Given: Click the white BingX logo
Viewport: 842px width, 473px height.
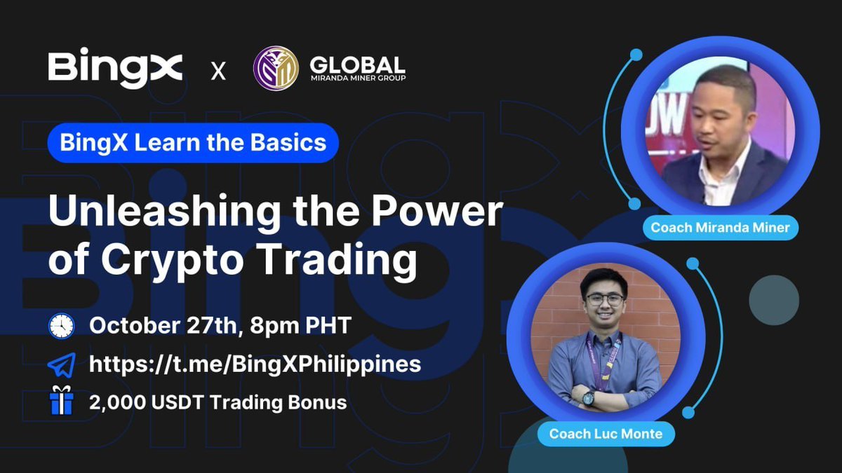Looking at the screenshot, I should (x=115, y=69).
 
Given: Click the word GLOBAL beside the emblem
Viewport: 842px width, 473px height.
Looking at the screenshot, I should (x=357, y=64).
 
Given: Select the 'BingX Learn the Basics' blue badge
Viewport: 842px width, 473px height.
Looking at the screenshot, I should (x=193, y=143).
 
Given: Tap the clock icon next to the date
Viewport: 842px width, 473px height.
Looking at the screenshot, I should (x=62, y=325).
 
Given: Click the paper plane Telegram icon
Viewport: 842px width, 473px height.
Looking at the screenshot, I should (x=62, y=365).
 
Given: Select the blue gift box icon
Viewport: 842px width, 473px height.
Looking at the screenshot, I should (x=62, y=404).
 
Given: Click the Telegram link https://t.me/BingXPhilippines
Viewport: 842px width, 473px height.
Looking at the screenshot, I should (x=255, y=364).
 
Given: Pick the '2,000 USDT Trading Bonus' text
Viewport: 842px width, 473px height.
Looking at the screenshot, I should (x=218, y=404).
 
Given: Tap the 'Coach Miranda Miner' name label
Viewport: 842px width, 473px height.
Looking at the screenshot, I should (x=721, y=227).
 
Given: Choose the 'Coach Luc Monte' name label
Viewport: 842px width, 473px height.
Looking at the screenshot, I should (x=606, y=434).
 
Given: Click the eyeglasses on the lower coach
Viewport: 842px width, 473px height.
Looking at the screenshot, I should (x=606, y=299).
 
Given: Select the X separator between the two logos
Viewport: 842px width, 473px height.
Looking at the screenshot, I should (x=218, y=71).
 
